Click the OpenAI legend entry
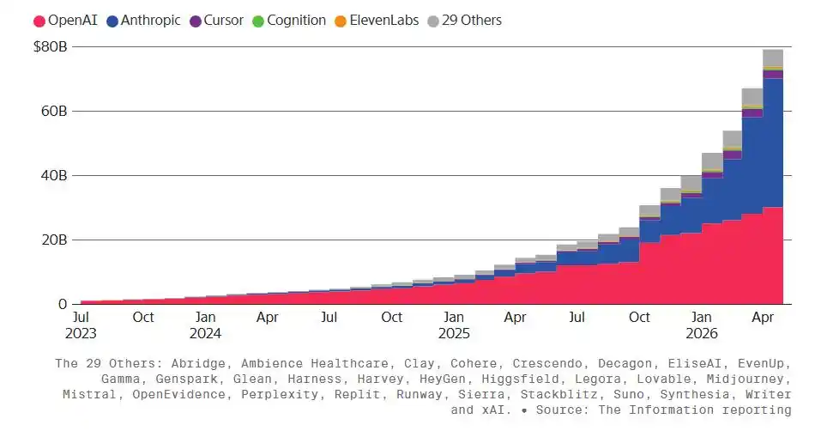[x=65, y=21]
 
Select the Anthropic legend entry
[x=143, y=21]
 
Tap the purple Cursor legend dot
[x=196, y=21]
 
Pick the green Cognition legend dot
[x=258, y=21]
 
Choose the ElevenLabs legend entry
[x=377, y=21]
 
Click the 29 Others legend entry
[x=465, y=21]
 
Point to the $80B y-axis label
[x=51, y=46]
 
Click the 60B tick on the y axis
[x=54, y=112]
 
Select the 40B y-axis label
[x=54, y=176]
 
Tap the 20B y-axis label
[x=54, y=240]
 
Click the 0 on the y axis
[x=63, y=305]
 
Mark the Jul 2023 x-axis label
[x=81, y=325]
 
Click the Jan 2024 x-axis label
[x=205, y=325]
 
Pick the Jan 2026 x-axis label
[x=701, y=325]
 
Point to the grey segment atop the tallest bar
[x=773, y=58]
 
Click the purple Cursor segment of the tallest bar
[x=773, y=75]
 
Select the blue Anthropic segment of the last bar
[x=773, y=143]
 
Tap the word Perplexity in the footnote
[x=280, y=395]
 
